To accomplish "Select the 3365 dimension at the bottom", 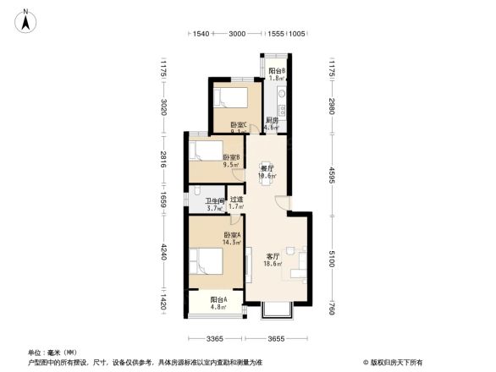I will [214, 340].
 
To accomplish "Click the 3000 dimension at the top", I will [238, 34].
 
